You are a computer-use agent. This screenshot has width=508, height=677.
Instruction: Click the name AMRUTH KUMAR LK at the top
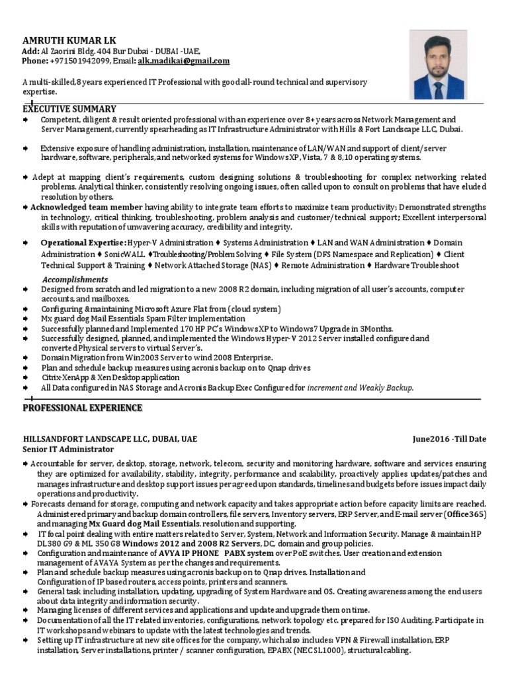[60, 40]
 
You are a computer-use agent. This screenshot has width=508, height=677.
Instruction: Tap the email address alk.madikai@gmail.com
[184, 61]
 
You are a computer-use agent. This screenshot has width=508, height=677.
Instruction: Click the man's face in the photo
[437, 54]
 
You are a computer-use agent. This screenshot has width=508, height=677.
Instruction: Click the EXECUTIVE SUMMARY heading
[69, 108]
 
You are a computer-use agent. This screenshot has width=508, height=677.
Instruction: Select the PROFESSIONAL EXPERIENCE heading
[82, 408]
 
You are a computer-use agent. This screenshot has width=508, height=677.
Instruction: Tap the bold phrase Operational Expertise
[83, 243]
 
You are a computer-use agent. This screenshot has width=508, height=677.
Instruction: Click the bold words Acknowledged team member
[87, 208]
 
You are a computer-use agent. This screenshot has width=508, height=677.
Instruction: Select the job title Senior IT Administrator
[68, 449]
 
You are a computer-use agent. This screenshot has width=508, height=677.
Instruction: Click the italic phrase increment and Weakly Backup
[360, 388]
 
